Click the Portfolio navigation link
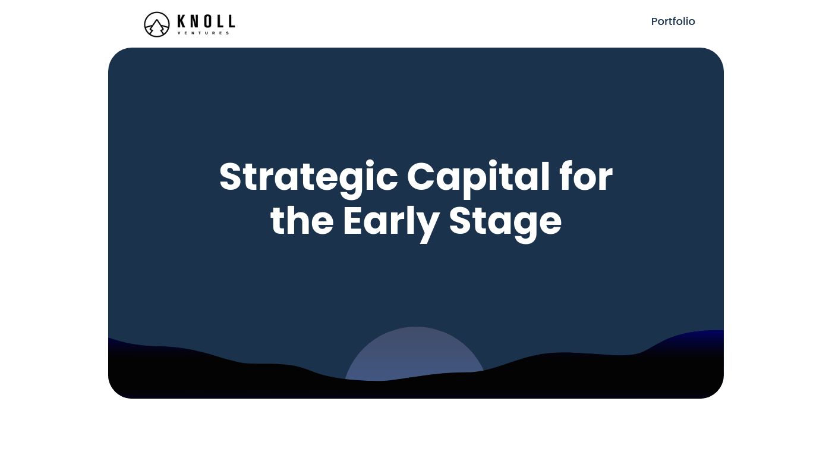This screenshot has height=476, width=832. (673, 21)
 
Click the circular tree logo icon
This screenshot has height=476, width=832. (157, 24)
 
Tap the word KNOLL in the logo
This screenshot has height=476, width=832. (206, 21)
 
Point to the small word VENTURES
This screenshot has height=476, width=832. (203, 33)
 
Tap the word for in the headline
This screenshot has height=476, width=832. (586, 176)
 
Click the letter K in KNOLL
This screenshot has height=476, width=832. (181, 21)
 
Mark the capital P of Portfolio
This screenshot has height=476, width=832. (655, 21)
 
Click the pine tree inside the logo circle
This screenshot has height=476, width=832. (157, 27)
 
